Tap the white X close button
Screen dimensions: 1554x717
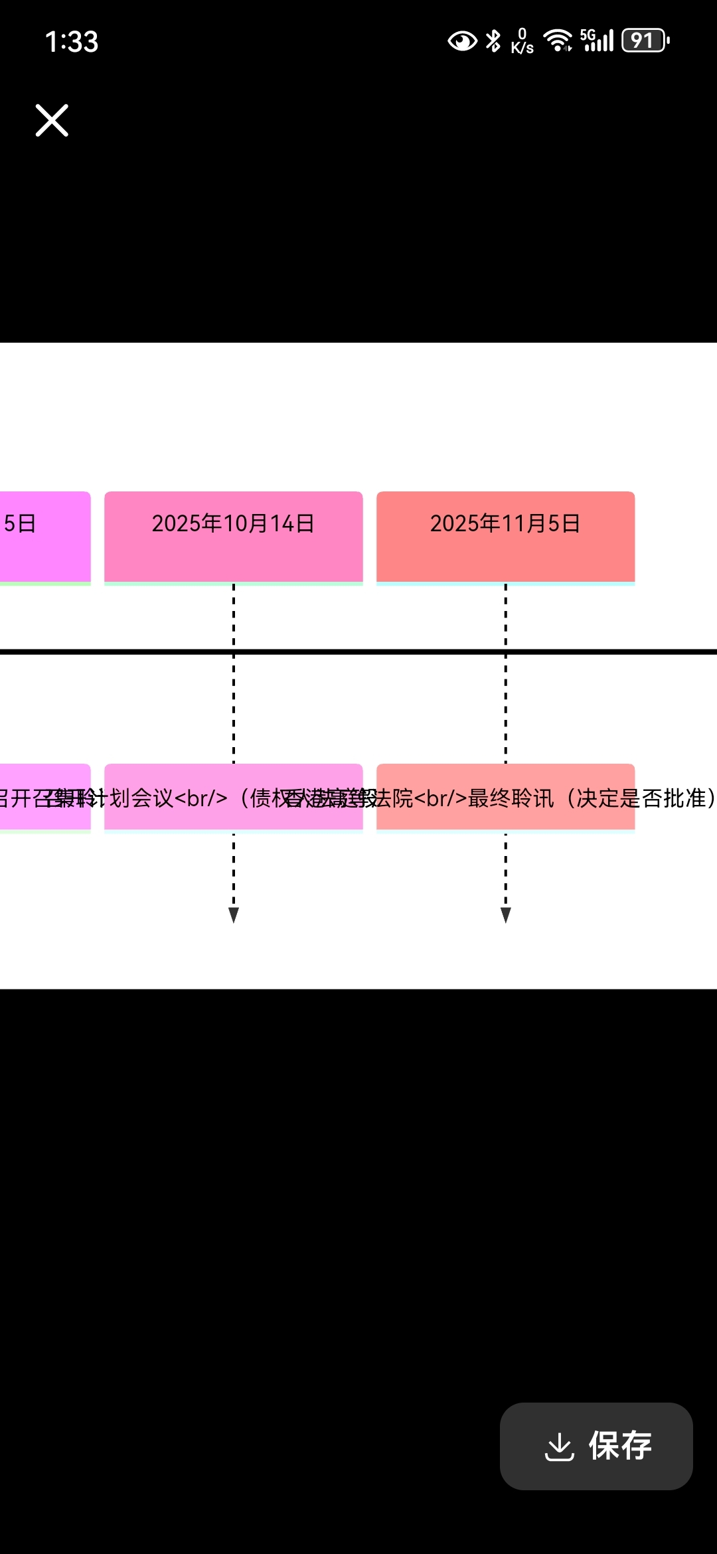click(52, 120)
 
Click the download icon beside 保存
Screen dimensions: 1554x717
click(559, 1446)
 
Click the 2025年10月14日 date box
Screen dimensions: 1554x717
click(233, 537)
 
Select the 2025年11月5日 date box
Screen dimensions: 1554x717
click(505, 537)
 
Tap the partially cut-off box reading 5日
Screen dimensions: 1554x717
click(40, 537)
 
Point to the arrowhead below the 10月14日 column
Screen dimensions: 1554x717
click(234, 915)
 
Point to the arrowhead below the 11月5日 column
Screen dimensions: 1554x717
click(506, 915)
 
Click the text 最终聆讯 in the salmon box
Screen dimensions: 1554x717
click(511, 798)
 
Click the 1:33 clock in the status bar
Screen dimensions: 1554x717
click(72, 42)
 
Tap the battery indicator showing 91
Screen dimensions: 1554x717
click(645, 41)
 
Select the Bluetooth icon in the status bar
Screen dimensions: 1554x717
click(493, 41)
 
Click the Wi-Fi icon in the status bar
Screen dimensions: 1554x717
click(558, 41)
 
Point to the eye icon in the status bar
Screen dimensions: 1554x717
click(462, 41)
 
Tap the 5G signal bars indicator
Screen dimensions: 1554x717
click(597, 41)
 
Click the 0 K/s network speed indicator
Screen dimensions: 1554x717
click(522, 41)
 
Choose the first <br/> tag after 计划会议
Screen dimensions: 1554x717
click(200, 798)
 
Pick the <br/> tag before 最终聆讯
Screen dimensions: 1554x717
click(440, 798)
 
